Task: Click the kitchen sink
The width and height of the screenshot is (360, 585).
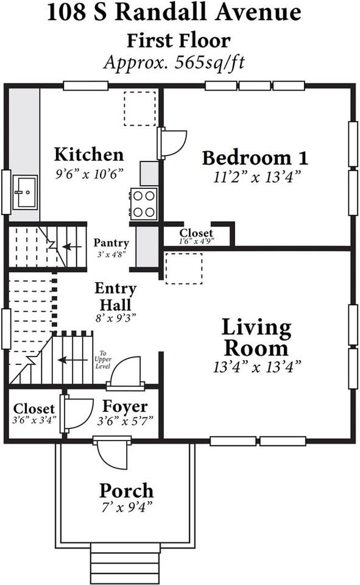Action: pyautogui.click(x=25, y=193)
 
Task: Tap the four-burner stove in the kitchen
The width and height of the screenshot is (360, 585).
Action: pyautogui.click(x=144, y=204)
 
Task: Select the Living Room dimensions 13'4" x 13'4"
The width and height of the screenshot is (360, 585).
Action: pyautogui.click(x=257, y=367)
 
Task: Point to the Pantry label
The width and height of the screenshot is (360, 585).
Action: pyautogui.click(x=111, y=243)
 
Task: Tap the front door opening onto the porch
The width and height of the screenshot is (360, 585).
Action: pyautogui.click(x=111, y=455)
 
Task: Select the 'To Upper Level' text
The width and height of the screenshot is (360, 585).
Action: pyautogui.click(x=103, y=360)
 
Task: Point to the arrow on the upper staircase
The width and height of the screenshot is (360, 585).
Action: pyautogui.click(x=72, y=247)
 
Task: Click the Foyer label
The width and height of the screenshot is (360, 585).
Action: pyautogui.click(x=125, y=406)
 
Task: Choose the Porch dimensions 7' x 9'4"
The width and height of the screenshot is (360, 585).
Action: pyautogui.click(x=127, y=507)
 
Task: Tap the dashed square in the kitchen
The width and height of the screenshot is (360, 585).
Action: pyautogui.click(x=140, y=108)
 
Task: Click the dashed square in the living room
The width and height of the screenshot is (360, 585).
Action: pyautogui.click(x=184, y=269)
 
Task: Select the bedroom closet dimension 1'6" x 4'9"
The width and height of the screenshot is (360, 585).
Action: pyautogui.click(x=197, y=241)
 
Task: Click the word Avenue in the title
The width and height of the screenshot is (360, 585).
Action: pyautogui.click(x=258, y=12)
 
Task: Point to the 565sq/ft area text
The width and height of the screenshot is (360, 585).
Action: pyautogui.click(x=210, y=62)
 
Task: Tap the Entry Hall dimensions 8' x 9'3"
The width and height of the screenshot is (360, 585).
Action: pyautogui.click(x=116, y=318)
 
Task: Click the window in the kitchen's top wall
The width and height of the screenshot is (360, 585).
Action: pyautogui.click(x=85, y=86)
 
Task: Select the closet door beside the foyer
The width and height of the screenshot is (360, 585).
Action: pyautogui.click(x=77, y=413)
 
